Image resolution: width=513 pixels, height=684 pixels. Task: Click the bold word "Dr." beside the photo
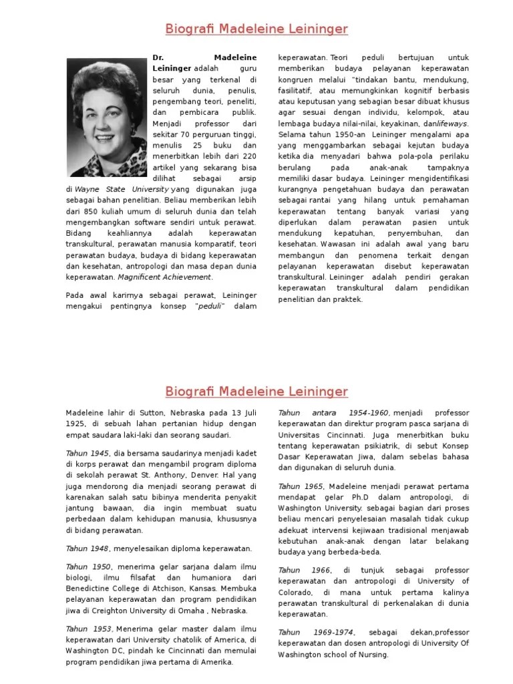pyautogui.click(x=158, y=58)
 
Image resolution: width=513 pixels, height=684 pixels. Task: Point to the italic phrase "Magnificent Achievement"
pyautogui.click(x=165, y=277)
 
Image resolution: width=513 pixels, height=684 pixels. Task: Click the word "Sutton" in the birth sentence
pyautogui.click(x=140, y=413)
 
